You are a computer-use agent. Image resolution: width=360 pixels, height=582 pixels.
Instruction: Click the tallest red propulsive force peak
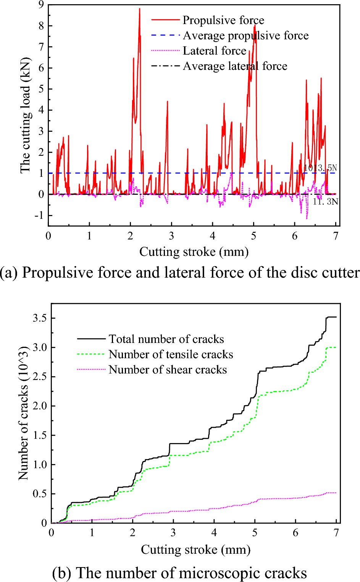(x=139, y=9)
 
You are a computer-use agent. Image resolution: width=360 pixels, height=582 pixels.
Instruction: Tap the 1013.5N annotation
(x=320, y=168)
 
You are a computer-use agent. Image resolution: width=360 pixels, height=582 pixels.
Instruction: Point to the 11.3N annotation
(x=325, y=202)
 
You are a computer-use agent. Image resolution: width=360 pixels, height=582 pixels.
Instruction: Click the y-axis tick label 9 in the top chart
(x=40, y=5)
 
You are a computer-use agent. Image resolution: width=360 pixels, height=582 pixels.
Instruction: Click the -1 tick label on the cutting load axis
(x=39, y=215)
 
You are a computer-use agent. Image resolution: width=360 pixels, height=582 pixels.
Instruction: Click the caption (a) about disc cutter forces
(x=180, y=273)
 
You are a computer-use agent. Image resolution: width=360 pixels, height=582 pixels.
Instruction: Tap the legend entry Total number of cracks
(x=166, y=339)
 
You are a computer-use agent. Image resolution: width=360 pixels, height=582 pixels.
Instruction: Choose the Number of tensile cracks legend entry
(x=171, y=354)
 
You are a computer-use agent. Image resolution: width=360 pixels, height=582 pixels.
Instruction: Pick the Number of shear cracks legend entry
(x=168, y=370)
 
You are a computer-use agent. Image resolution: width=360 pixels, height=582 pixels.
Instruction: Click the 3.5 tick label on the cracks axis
(x=40, y=318)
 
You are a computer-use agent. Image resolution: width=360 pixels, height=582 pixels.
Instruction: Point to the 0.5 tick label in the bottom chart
(x=40, y=494)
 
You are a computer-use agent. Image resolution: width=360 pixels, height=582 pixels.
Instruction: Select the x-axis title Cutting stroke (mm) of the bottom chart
(x=195, y=550)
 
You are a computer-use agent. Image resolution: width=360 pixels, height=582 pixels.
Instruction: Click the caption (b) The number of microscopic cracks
(x=179, y=573)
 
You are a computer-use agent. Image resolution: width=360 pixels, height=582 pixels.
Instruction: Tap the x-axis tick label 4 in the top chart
(x=213, y=236)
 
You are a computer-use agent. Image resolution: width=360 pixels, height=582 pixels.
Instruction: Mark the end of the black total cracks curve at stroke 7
(x=336, y=317)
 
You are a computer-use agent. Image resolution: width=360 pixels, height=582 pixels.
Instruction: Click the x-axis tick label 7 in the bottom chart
(x=336, y=533)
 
